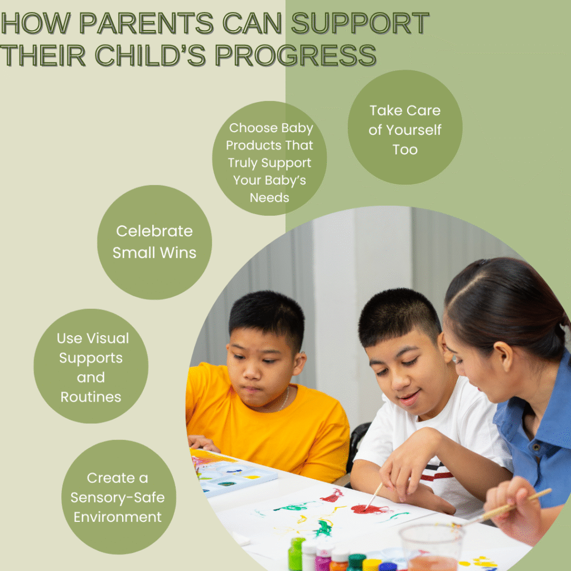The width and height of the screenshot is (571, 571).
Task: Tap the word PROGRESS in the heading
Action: (x=296, y=55)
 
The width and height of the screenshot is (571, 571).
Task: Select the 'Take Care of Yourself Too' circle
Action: (x=405, y=127)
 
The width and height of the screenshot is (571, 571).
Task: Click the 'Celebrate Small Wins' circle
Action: (x=154, y=242)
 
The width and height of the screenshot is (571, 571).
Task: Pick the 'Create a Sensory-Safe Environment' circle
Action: (x=119, y=497)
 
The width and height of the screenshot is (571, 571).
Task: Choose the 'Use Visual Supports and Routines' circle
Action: (x=91, y=366)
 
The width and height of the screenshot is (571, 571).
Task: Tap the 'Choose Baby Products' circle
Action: (x=269, y=158)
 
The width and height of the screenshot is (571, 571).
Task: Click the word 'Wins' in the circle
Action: (x=178, y=253)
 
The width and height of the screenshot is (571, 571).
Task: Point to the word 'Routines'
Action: (x=91, y=397)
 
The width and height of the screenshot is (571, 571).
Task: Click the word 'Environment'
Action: (x=118, y=517)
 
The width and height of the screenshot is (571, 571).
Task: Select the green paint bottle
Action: (x=296, y=554)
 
